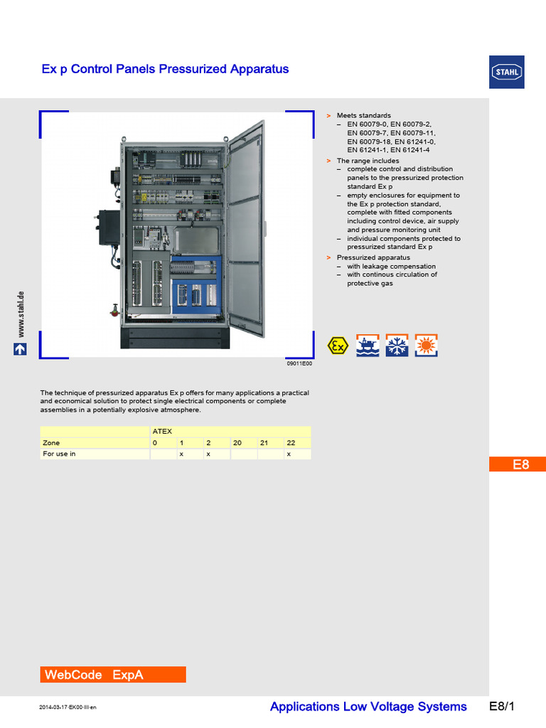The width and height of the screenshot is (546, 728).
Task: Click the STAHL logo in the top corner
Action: pyautogui.click(x=507, y=72)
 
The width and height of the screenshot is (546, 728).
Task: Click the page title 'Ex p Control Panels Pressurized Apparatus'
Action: pyautogui.click(x=166, y=69)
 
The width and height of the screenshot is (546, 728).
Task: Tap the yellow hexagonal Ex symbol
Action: pyautogui.click(x=338, y=346)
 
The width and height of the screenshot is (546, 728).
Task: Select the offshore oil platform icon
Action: pyautogui.click(x=367, y=346)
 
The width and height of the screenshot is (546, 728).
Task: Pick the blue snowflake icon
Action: pyautogui.click(x=397, y=346)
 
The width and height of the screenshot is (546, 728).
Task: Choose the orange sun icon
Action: pyautogui.click(x=427, y=346)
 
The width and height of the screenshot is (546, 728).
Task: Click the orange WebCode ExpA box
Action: pyautogui.click(x=113, y=675)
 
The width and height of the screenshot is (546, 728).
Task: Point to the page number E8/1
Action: pyautogui.click(x=501, y=706)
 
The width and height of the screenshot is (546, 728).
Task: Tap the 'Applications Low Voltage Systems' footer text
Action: pyautogui.click(x=368, y=706)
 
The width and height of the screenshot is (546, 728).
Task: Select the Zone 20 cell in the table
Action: pyautogui.click(x=237, y=442)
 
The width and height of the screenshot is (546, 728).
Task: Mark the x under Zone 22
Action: pyautogui.click(x=289, y=454)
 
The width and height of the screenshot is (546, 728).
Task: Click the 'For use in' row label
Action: pyautogui.click(x=60, y=454)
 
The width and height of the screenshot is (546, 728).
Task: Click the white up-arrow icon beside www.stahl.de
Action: pyautogui.click(x=21, y=349)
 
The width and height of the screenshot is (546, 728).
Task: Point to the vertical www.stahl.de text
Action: pyautogui.click(x=21, y=314)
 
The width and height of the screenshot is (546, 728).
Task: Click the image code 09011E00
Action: pyautogui.click(x=299, y=363)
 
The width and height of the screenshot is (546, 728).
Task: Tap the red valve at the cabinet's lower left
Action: pyautogui.click(x=113, y=310)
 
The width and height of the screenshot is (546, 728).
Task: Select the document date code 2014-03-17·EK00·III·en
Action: pyautogui.click(x=68, y=708)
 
